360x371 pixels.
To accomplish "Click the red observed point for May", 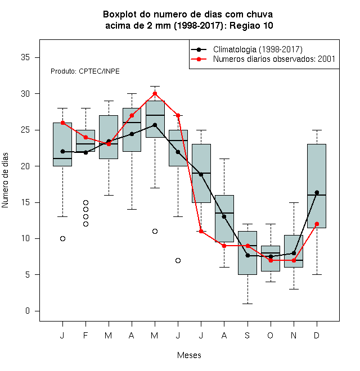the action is [155, 94].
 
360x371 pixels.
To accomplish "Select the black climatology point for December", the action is [317, 192].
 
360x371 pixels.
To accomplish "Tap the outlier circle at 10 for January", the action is [62, 238].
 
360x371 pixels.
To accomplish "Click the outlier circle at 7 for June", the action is [178, 260].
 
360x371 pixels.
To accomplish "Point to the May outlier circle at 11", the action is [155, 231].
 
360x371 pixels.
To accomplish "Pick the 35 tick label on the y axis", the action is [25, 57].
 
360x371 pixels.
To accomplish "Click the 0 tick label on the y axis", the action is [28, 311].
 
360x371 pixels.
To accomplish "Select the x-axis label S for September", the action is [247, 335].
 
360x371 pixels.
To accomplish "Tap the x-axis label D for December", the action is [317, 335].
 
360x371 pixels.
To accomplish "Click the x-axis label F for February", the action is [85, 335].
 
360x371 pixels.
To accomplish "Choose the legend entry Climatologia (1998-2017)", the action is [258, 49].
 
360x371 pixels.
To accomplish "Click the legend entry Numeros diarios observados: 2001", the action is [274, 59].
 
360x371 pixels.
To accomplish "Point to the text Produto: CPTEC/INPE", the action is [85, 71].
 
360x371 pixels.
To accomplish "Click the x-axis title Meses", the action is [189, 355].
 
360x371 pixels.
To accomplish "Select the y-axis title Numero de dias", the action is [5, 180].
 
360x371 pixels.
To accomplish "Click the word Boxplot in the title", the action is [120, 15].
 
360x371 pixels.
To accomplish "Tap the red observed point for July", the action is [201, 231].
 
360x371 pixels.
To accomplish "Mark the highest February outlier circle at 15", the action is [85, 202].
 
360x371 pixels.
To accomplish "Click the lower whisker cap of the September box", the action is [247, 304].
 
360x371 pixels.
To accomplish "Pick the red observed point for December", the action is [317, 224].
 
